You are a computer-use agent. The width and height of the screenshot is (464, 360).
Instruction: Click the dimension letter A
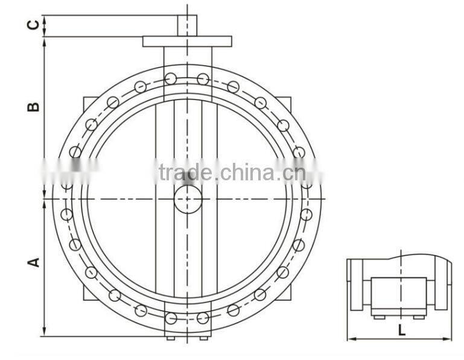[x=34, y=262]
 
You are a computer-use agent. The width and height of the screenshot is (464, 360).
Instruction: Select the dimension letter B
[x=34, y=106]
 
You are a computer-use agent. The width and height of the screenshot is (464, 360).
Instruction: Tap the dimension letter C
[x=34, y=25]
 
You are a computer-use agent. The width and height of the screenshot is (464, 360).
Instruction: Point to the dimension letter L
[x=401, y=330]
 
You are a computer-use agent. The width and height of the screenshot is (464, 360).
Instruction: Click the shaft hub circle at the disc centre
[x=188, y=199]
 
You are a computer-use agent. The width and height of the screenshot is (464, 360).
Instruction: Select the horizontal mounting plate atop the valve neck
[x=187, y=42]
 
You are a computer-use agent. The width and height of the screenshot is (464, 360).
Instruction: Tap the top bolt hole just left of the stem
[x=171, y=78]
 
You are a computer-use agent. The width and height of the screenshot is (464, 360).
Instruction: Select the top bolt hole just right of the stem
[x=203, y=78]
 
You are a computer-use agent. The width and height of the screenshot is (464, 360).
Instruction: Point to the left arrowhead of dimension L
[x=351, y=338]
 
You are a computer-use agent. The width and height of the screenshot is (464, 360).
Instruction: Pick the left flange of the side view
[x=356, y=284]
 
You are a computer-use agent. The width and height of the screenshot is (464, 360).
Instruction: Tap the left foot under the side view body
[x=379, y=316]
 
